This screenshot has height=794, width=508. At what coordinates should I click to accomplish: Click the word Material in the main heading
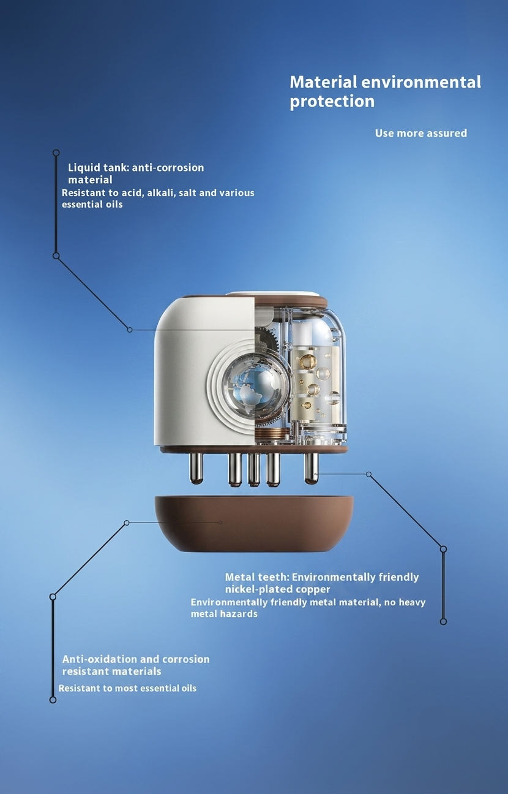(323, 82)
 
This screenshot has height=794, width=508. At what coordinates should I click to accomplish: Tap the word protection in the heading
(332, 102)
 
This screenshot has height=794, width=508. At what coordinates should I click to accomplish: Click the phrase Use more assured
(421, 134)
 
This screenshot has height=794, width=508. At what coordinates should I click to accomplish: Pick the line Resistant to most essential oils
(127, 689)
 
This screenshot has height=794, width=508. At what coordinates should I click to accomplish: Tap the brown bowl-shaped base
(254, 523)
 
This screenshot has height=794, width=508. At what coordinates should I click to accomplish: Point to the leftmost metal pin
(196, 469)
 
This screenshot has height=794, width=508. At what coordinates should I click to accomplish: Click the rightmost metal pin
(312, 469)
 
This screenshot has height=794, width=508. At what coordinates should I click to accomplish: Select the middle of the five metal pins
(254, 470)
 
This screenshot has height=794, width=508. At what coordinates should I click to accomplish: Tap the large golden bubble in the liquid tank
(307, 362)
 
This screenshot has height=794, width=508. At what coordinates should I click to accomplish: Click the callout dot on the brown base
(220, 523)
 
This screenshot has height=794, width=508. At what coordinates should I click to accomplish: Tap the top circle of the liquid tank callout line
(56, 153)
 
